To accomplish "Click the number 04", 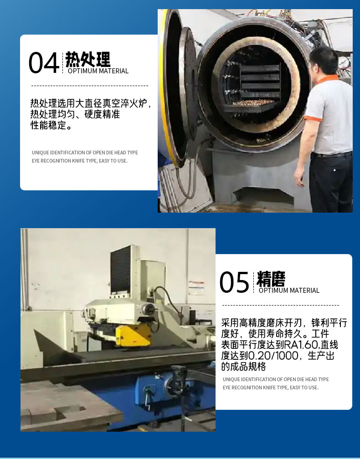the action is pyautogui.click(x=44, y=63).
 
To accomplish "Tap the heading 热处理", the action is pyautogui.click(x=87, y=59).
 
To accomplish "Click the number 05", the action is pyautogui.click(x=234, y=282).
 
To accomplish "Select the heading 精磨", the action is pyautogui.click(x=271, y=279).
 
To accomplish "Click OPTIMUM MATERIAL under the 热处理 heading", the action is pyautogui.click(x=98, y=71).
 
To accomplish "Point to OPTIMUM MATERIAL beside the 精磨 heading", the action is pyautogui.click(x=289, y=291).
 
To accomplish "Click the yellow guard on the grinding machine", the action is pyautogui.click(x=133, y=336).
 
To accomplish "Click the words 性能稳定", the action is pyautogui.click(x=48, y=125).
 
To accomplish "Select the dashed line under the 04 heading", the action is pyautogui.click(x=90, y=86).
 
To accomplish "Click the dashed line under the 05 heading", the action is pyautogui.click(x=281, y=305).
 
